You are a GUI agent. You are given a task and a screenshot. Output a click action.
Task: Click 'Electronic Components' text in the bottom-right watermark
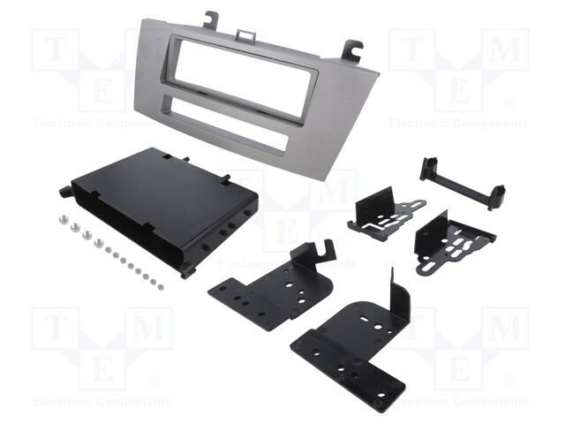458,402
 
